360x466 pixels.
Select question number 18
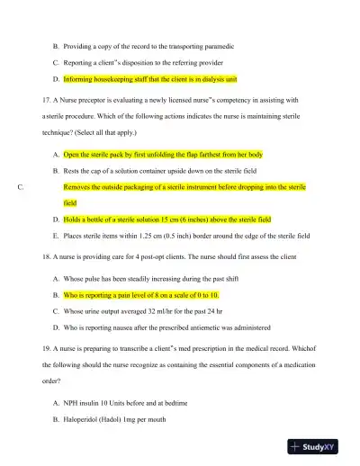click(x=48, y=256)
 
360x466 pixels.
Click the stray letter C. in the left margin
click(x=21, y=186)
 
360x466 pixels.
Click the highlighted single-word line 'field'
click(x=70, y=202)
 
